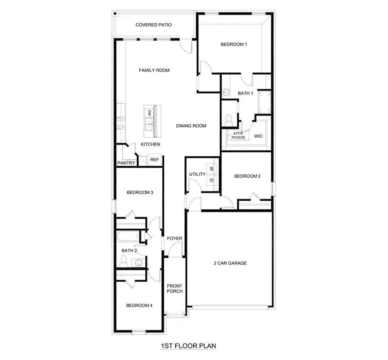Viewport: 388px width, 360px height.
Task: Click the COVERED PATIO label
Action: coord(153,25)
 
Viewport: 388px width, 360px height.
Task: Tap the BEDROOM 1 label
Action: coord(234,44)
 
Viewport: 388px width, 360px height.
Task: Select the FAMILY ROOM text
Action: coord(154,70)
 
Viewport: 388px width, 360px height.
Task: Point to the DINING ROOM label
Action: coord(191,126)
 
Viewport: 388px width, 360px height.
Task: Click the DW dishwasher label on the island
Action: coord(149,113)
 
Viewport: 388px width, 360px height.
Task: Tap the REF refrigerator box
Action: coord(154,160)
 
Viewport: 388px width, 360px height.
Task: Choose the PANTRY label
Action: coord(126,163)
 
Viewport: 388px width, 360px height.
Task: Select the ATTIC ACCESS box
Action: coord(238,136)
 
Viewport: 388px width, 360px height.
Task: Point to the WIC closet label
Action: coord(258,136)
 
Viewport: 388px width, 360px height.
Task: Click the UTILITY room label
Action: coord(197,174)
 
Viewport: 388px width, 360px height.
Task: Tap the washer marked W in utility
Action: coord(212,168)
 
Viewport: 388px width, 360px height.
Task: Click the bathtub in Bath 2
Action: coord(128,237)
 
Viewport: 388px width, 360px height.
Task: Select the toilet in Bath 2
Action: coord(124,260)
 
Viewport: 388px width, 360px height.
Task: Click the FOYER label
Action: coord(175,238)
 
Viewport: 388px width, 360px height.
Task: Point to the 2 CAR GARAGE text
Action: coord(230,263)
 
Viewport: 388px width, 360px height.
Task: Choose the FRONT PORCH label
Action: coord(175,288)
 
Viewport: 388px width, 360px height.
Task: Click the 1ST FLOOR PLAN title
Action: coord(188,346)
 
